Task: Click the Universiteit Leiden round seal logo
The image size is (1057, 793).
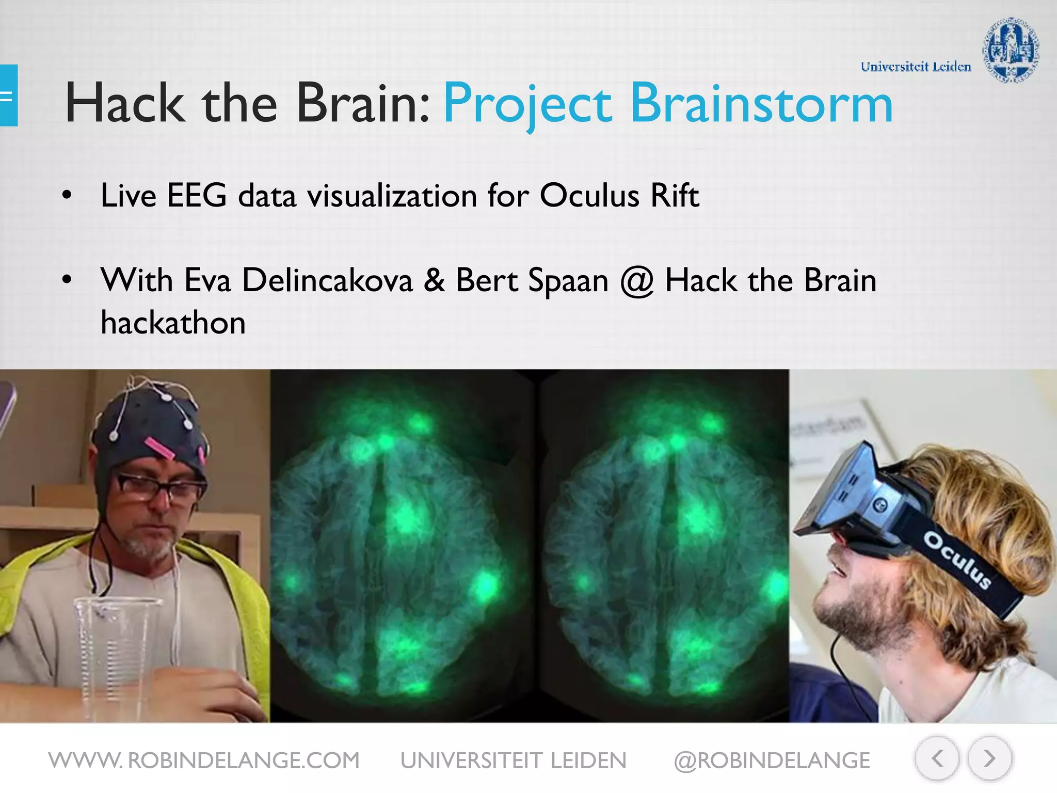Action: pos(1010,50)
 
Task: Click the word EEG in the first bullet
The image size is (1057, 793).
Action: pos(197,196)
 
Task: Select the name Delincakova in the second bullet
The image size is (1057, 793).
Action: pos(327,281)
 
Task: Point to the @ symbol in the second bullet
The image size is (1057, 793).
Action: pos(636,282)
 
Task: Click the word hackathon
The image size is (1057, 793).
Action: pos(173,323)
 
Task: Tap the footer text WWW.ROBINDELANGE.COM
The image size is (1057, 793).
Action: pos(204,760)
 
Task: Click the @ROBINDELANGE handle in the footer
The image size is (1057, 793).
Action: pos(772,760)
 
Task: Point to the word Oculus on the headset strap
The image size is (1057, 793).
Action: pos(957,560)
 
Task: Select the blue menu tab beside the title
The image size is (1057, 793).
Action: pos(8,96)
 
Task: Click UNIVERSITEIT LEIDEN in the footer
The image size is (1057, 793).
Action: pos(514,760)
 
